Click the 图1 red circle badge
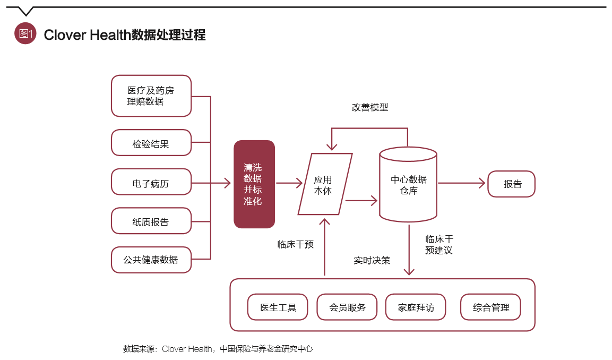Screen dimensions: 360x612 [25, 34]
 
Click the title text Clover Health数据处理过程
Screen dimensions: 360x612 [125, 35]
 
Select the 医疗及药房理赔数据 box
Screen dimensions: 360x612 [151, 96]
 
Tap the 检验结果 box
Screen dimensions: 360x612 [151, 143]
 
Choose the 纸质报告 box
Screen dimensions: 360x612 [151, 221]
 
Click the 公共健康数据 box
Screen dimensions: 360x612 [151, 260]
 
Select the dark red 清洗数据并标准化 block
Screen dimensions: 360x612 [254, 184]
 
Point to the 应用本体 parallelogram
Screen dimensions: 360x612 [324, 185]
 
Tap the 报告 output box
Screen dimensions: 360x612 [511, 184]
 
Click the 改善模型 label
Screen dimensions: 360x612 [370, 107]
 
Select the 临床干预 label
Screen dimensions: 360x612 [296, 245]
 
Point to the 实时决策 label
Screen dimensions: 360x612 [372, 261]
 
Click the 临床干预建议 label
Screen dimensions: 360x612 [439, 245]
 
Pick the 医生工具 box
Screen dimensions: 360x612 [278, 307]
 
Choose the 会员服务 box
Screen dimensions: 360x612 [347, 307]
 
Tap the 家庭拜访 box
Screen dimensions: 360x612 [416, 307]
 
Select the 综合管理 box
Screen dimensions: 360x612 [490, 307]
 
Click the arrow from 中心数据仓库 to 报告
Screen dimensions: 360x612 [462, 184]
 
